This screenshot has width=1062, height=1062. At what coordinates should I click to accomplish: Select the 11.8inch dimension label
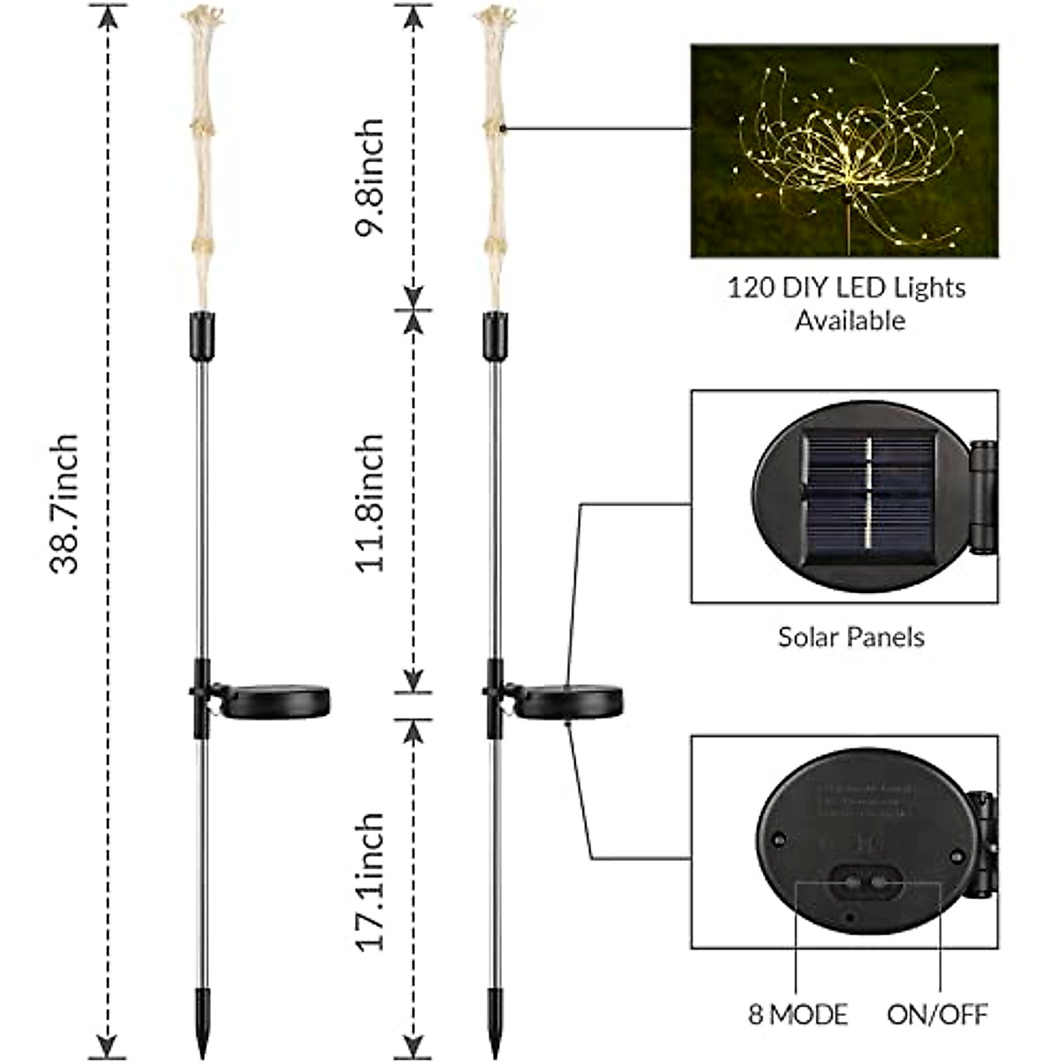point(368,502)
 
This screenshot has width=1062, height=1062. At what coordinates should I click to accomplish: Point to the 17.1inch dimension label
point(368,881)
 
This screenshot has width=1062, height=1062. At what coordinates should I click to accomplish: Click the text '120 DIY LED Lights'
point(846,288)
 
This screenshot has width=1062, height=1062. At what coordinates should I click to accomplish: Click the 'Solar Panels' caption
point(850,636)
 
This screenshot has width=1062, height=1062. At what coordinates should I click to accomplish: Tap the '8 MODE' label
point(797,1014)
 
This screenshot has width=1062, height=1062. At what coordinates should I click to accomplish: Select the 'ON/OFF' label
point(937,1014)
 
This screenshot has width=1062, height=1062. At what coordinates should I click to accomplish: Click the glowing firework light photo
point(844,150)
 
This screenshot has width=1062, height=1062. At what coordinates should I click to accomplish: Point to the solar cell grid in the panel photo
point(867,501)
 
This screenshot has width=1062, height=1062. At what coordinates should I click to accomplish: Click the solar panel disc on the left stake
point(274,701)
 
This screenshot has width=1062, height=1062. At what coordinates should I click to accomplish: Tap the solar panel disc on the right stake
point(568,701)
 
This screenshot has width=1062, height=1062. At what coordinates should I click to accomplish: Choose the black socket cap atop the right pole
point(495,336)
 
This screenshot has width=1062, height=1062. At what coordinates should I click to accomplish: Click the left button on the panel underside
point(852,883)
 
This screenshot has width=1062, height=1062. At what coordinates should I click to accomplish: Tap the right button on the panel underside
point(881,883)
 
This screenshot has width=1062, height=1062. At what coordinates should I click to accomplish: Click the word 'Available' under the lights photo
point(850,320)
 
